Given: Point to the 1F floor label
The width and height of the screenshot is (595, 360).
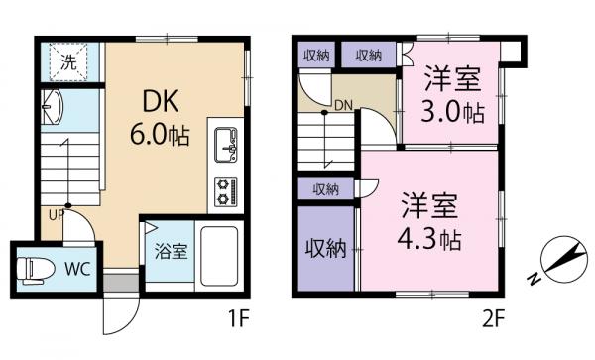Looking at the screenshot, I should coord(238,322).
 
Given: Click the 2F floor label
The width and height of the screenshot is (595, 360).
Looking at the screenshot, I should coord(494,322).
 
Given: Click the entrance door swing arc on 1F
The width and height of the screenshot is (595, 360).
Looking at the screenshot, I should coord(117,315).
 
